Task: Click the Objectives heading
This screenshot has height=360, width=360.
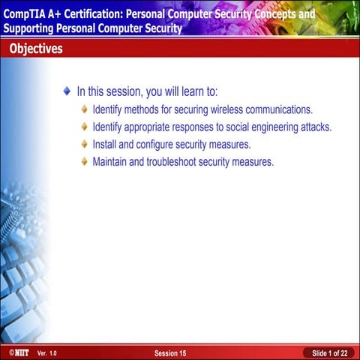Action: pos(36,49)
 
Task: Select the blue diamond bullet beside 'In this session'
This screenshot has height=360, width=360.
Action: pos(67,91)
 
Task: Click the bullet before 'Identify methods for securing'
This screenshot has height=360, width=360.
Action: pos(85,109)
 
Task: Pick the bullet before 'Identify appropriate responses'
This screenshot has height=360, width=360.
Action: pos(85,127)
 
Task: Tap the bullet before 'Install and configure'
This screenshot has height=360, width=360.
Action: pos(85,144)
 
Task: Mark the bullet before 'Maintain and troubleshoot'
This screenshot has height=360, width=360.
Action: pos(85,161)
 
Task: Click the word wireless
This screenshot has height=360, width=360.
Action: pos(230,109)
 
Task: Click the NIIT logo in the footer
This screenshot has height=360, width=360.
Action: pos(15,352)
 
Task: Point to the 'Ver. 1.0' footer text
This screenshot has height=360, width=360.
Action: pos(46,352)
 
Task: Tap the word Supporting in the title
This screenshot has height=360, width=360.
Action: pos(28,29)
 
